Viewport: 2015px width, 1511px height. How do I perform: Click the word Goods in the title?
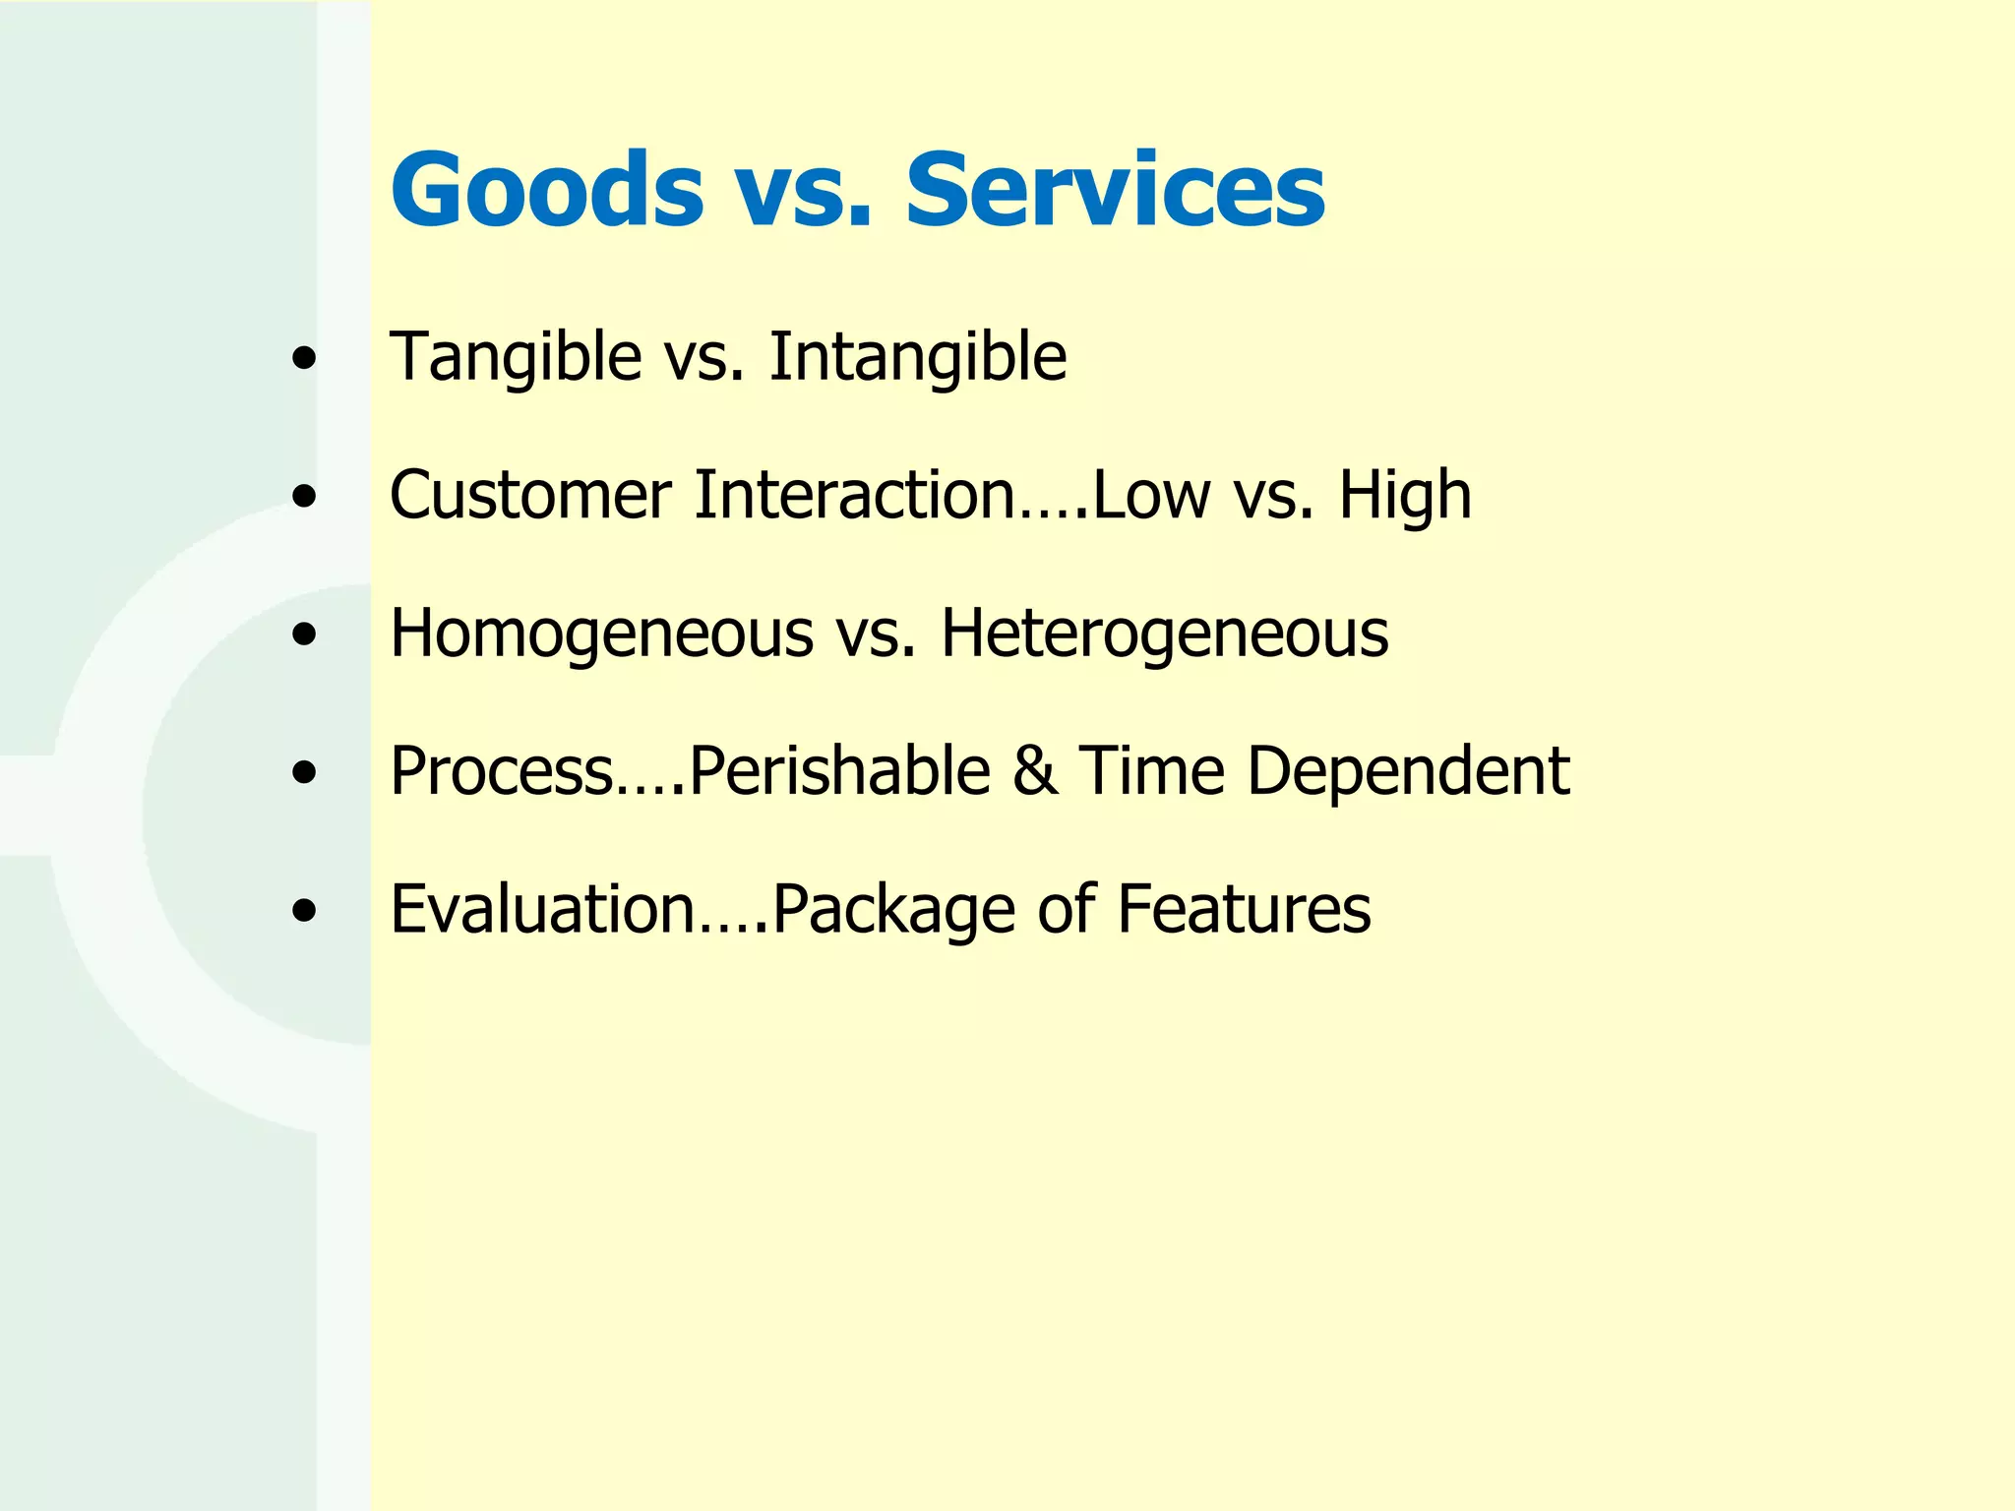[x=547, y=189]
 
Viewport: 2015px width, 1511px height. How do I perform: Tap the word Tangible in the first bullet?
[x=516, y=356]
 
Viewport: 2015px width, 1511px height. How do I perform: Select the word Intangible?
[x=917, y=356]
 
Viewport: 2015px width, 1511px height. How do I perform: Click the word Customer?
[x=530, y=494]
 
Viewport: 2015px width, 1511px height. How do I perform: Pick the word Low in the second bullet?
[x=1151, y=494]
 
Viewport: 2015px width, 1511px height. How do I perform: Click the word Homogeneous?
[x=601, y=634]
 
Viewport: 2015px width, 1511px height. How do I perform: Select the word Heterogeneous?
[x=1165, y=634]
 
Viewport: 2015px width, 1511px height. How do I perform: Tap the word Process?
[x=502, y=770]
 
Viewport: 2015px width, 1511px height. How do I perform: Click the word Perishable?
[x=839, y=770]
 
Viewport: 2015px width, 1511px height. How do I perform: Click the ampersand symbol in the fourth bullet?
[x=1034, y=770]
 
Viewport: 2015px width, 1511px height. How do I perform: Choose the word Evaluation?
[x=543, y=908]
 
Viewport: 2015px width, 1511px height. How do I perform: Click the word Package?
[x=893, y=910]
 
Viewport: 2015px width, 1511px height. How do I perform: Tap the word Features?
[x=1244, y=908]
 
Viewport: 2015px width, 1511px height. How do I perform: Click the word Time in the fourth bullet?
[x=1152, y=770]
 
